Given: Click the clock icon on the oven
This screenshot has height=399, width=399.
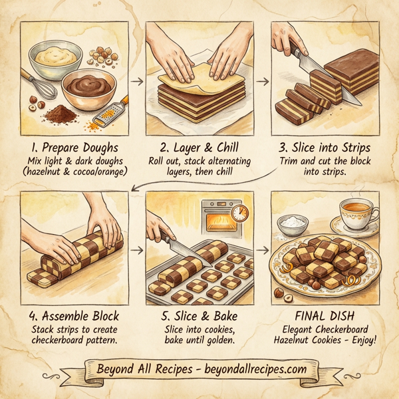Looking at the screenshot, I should point(241,213).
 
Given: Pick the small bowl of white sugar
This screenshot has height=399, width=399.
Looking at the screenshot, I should point(291,226).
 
